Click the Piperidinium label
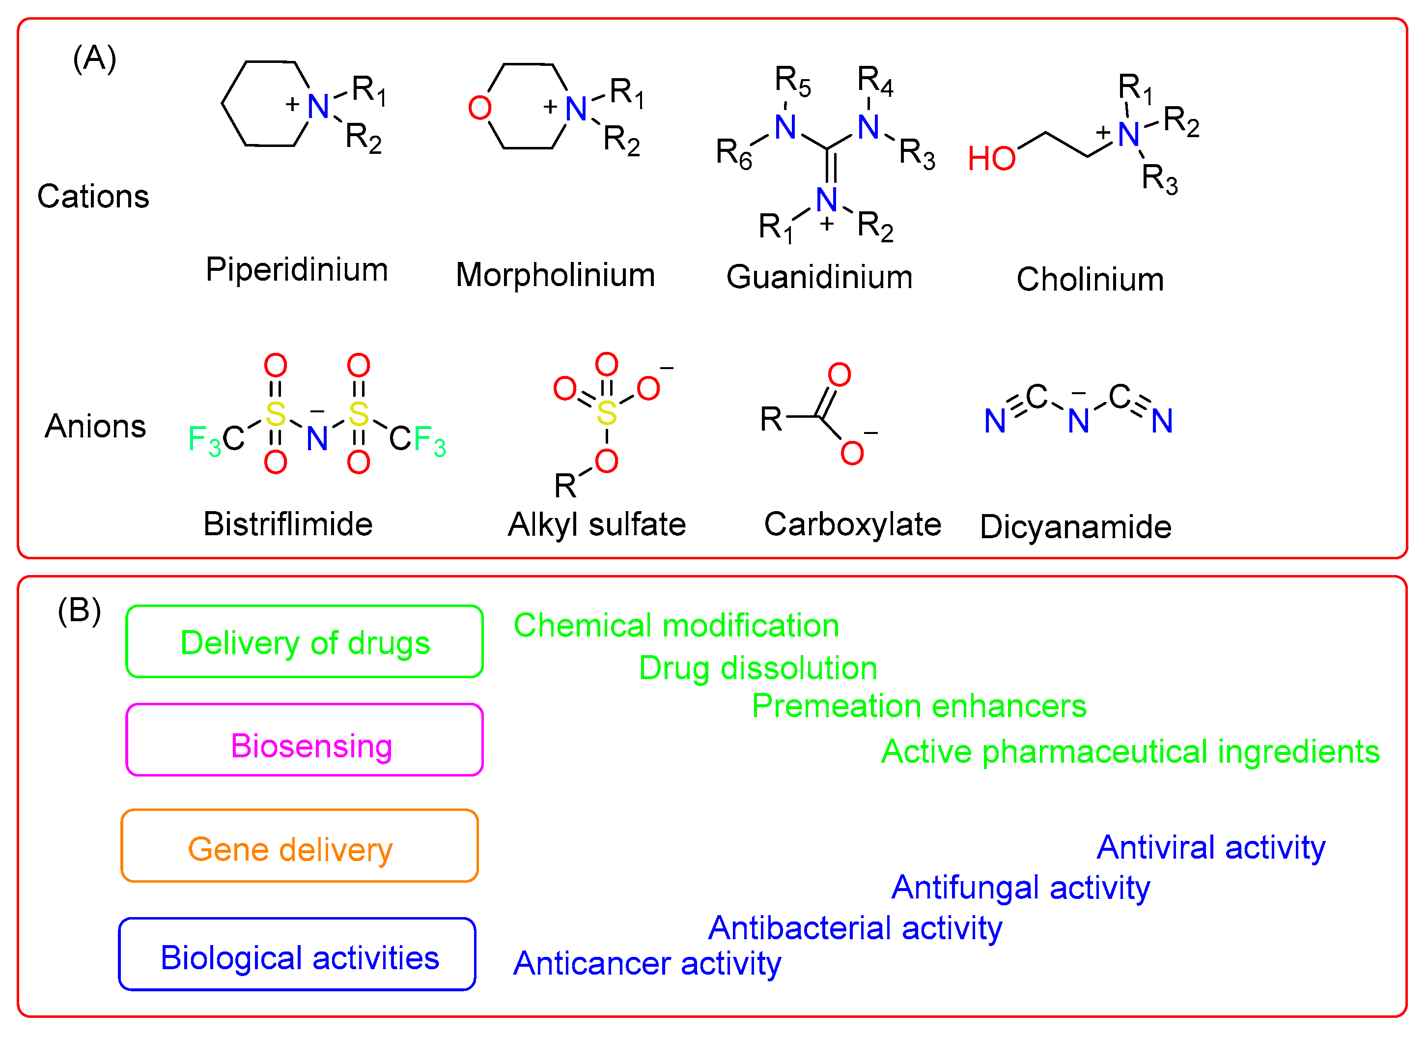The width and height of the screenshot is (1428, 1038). point(297,270)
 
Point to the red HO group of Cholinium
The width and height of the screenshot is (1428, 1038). point(991,159)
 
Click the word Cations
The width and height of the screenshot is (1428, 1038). point(93,197)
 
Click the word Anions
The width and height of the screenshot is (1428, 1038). point(95,427)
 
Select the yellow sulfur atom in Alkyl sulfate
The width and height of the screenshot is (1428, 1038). point(606,413)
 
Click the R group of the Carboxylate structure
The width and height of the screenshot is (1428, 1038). point(771,419)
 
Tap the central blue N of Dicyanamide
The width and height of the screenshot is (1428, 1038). point(1078,421)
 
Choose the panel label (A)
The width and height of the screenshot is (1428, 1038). point(94,58)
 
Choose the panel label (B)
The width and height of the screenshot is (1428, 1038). point(80,610)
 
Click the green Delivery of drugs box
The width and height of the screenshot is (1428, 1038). point(305,642)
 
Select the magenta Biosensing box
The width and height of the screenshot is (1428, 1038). point(305,741)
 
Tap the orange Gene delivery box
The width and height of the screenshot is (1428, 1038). point(300,846)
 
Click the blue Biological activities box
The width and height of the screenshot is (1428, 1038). point(297,955)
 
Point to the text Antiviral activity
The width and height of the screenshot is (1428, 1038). point(1210,847)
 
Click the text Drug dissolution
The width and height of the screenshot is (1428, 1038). point(757,668)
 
